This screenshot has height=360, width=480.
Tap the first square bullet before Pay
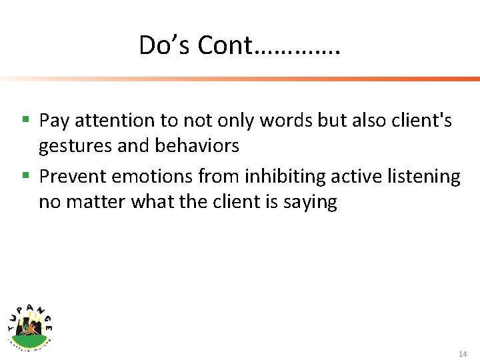[25, 120]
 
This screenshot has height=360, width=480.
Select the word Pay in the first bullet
[55, 121]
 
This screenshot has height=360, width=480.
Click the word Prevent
[74, 177]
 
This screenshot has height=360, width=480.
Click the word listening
[424, 177]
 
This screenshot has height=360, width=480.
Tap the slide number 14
[463, 353]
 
